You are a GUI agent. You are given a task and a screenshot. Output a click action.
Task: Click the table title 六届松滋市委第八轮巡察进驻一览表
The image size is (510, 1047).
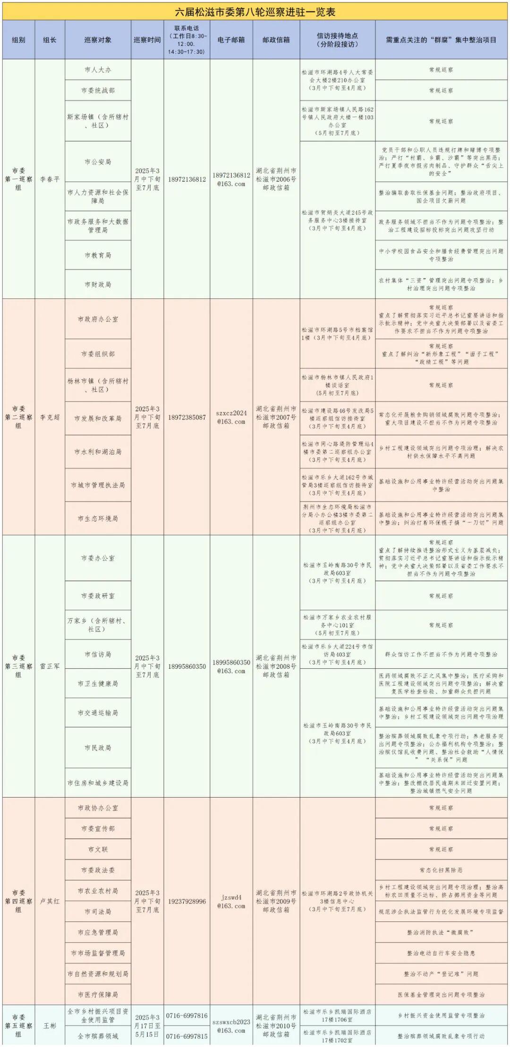[255, 12]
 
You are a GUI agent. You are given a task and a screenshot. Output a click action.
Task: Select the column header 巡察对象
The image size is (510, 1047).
[98, 40]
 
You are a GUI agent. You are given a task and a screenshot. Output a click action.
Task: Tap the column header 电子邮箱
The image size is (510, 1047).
[231, 40]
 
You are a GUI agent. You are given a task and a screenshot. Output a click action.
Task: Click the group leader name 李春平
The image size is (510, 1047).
[50, 179]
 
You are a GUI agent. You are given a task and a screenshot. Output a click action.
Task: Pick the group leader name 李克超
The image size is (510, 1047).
[50, 417]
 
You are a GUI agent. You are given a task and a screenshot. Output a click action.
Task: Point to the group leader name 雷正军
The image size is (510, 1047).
[50, 666]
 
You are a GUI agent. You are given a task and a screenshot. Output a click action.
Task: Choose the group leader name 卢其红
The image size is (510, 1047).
[50, 901]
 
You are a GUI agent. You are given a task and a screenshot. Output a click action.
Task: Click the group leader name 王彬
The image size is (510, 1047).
[50, 1026]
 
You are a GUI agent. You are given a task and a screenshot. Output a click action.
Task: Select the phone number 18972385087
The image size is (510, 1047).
[187, 417]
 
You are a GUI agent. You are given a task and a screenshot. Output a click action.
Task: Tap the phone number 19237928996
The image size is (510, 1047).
[187, 901]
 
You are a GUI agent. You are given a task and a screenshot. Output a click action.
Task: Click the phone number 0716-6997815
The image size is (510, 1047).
[187, 1036]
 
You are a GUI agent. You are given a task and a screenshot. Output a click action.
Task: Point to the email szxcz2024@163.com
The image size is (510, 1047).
[231, 417]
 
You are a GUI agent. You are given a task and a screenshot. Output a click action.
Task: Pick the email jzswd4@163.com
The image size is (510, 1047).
[231, 902]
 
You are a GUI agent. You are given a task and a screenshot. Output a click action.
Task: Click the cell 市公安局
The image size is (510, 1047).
[98, 162]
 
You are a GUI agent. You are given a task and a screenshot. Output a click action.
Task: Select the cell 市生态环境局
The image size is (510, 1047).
[98, 519]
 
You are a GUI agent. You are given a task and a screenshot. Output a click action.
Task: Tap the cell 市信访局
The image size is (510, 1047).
[98, 655]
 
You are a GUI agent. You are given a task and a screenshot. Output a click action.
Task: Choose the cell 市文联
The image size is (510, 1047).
[98, 849]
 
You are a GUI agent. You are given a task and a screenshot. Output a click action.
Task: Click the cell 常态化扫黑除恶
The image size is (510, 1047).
[441, 870]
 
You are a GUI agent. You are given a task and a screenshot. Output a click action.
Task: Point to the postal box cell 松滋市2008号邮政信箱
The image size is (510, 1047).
[276, 666]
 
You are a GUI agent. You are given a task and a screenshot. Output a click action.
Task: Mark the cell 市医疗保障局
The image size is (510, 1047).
[98, 995]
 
